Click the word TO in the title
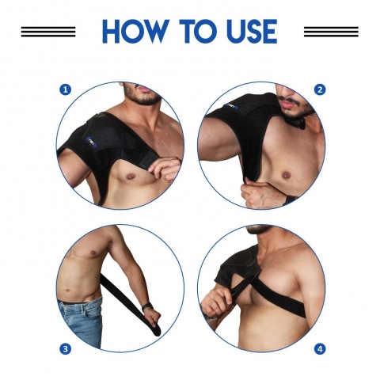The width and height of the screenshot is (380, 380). pyautogui.click(x=203, y=32)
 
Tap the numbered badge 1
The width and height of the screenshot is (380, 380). pyautogui.click(x=65, y=89)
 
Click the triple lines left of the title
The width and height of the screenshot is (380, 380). pyautogui.click(x=47, y=32)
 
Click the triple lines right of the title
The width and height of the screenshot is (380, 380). pyautogui.click(x=331, y=32)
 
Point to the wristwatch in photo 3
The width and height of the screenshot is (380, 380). pyautogui.click(x=146, y=306)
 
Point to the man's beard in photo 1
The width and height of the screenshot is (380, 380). pyautogui.click(x=142, y=99)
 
